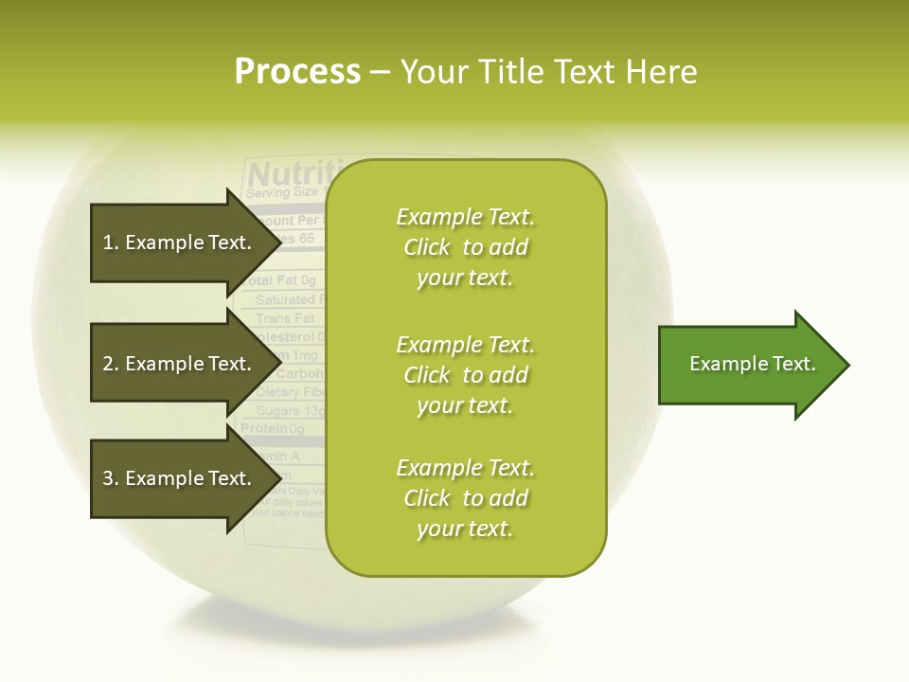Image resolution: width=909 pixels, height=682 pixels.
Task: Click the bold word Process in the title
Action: click(x=297, y=72)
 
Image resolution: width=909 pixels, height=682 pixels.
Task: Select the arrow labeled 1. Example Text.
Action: click(x=180, y=242)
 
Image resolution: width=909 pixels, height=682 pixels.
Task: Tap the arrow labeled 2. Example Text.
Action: click(x=180, y=364)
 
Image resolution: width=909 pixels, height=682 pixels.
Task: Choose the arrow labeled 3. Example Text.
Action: click(x=180, y=478)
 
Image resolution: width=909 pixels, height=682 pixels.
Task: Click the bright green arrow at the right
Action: click(x=748, y=364)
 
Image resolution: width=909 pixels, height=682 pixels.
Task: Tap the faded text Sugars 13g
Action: click(x=290, y=411)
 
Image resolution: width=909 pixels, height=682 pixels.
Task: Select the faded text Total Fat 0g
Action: click(x=281, y=280)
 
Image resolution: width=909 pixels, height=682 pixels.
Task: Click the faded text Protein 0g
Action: click(x=273, y=429)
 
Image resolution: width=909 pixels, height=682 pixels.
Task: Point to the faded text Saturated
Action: click(x=285, y=299)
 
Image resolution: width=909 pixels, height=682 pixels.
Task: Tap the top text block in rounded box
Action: click(x=465, y=247)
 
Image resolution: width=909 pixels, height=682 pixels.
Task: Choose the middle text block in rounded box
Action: click(x=465, y=375)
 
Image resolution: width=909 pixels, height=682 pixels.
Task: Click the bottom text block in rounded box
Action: click(x=465, y=498)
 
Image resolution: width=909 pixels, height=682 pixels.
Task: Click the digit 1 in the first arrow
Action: click(x=107, y=242)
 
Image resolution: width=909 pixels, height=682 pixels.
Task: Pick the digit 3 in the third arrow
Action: click(x=108, y=478)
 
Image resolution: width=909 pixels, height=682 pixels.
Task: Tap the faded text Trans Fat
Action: click(x=284, y=318)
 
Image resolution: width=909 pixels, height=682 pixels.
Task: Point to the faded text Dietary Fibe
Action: click(x=290, y=392)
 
